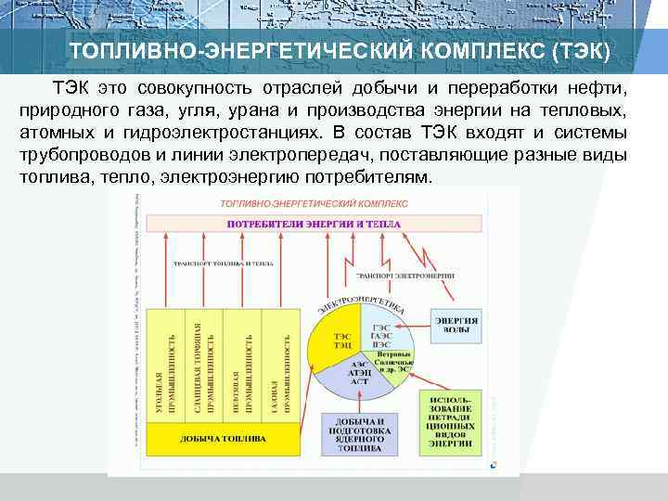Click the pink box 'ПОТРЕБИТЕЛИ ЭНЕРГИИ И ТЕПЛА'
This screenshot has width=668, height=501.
[x=315, y=225]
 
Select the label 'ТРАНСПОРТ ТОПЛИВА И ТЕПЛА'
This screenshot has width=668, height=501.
[x=223, y=264]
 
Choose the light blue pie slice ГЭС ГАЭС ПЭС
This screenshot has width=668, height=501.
[x=380, y=337]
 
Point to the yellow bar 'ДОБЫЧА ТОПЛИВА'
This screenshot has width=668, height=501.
[x=223, y=439]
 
